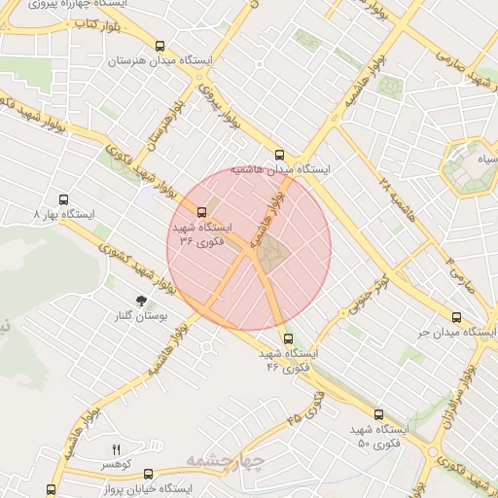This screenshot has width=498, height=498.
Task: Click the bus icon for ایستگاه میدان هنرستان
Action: (x=160, y=46)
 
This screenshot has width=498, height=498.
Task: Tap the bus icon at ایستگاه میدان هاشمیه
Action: (x=280, y=154)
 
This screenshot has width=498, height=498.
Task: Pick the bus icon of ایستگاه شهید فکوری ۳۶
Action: (x=202, y=211)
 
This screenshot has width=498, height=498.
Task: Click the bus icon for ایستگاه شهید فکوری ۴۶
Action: (x=287, y=338)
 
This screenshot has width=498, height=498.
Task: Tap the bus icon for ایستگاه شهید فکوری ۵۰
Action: (x=378, y=413)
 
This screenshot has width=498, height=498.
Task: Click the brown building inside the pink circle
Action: (x=272, y=255)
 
